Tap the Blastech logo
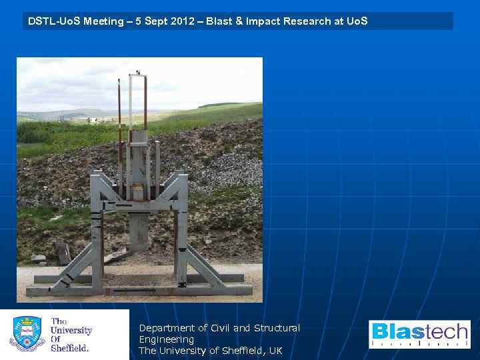coord(419,334)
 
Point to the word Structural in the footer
coord(277,328)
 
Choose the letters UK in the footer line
coord(275,351)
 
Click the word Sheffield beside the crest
coord(69,347)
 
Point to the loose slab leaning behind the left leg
coord(62,253)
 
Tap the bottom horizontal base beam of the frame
coord(140,290)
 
